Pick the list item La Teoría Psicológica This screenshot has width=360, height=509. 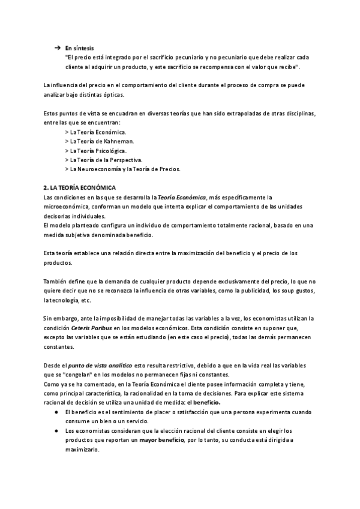[95, 151]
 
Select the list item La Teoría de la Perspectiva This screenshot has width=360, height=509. [103, 160]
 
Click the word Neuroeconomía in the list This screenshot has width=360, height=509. [103, 169]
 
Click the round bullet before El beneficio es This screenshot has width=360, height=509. [57, 413]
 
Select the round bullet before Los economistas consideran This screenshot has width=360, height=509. [57, 432]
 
